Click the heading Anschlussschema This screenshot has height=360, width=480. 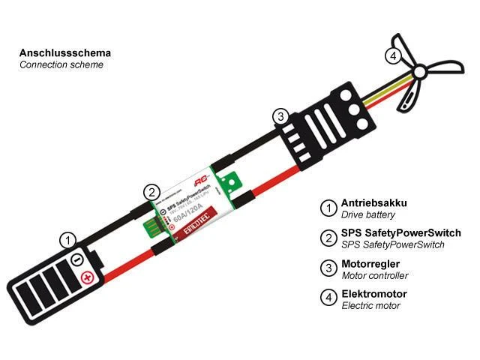point(64,53)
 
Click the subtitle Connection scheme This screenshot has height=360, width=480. point(61,64)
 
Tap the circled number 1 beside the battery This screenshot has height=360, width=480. point(68,241)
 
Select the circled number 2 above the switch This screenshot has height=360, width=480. point(151,190)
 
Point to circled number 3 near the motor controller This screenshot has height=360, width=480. point(279,116)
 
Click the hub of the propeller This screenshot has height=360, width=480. point(419,72)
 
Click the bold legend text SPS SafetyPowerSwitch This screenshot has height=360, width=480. point(400,233)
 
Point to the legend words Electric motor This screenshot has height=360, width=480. point(370,305)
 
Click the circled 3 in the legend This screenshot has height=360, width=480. point(328,268)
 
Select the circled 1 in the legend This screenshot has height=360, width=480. point(328,208)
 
